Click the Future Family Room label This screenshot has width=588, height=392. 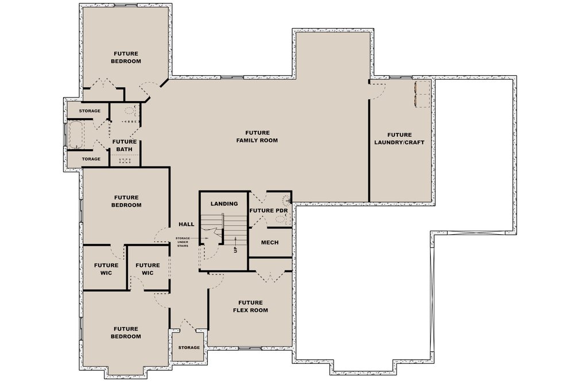click(257, 137)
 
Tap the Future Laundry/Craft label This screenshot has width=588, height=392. click(400, 138)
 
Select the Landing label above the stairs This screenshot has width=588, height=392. click(224, 204)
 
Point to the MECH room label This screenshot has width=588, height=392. click(270, 242)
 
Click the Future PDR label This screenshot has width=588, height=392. click(269, 211)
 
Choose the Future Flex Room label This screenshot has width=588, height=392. click(250, 306)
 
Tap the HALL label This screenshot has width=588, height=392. click(187, 224)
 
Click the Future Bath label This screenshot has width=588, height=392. click(124, 145)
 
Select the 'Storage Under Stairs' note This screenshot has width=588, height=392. click(183, 242)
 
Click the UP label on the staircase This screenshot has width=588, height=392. click(235, 249)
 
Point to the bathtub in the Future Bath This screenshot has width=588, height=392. click(76, 134)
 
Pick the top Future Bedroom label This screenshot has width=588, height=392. click(126, 57)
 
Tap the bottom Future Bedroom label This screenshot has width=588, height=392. click(126, 332)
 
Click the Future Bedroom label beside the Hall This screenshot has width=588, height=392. click(126, 201)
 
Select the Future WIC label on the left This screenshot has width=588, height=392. click(106, 269)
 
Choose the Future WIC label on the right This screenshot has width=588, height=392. click(148, 269)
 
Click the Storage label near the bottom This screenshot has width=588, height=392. click(189, 347)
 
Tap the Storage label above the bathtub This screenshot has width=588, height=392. click(90, 111)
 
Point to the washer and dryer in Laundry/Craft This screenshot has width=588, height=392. click(422, 94)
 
